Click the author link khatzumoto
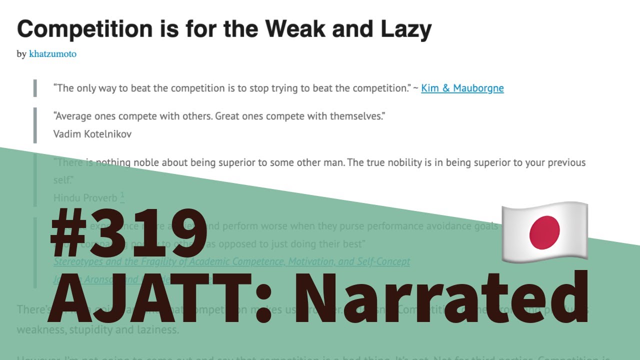pos(52,54)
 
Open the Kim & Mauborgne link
pos(462,88)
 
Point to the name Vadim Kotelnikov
pos(92,134)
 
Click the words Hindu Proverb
pos(85,198)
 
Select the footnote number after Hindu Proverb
pos(122,196)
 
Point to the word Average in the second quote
pos(74,116)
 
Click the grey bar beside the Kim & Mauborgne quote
pos(35,88)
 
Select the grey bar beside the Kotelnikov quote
pos(35,125)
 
